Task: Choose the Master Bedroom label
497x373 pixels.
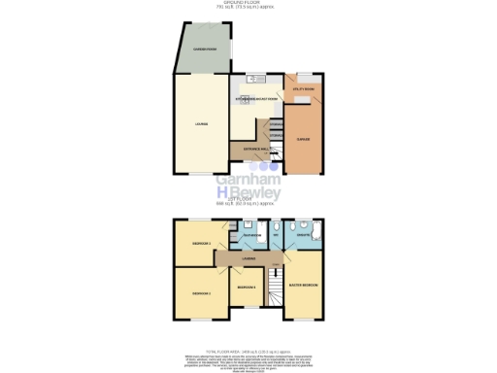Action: (305, 285)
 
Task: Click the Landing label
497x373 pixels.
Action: (249, 258)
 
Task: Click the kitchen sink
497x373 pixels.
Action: (249, 79)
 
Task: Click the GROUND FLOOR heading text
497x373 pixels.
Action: (248, 4)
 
